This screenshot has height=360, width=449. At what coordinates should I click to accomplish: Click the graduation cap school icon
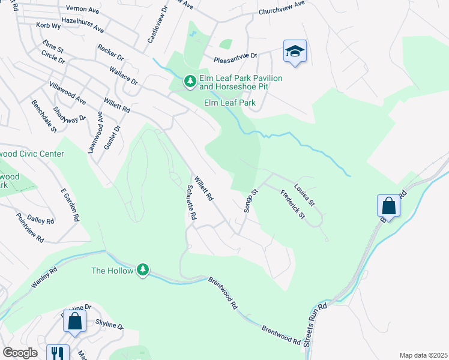pos(295,51)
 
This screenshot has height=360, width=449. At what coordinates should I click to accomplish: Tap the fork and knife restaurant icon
pos(58,353)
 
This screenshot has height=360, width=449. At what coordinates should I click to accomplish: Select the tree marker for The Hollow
pos(143,271)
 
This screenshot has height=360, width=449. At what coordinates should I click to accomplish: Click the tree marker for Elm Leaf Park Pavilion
pos(190,80)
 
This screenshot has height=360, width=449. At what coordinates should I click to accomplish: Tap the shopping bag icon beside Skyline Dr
pos(74,321)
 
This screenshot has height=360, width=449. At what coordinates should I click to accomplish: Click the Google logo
pos(20,353)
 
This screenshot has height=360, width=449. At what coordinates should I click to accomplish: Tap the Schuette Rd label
pos(191,202)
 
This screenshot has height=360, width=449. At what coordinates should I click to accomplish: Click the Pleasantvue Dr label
pos(236,56)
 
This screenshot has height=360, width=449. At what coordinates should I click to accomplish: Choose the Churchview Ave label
pos(282,8)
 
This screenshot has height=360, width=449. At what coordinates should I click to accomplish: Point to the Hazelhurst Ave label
pos(83,25)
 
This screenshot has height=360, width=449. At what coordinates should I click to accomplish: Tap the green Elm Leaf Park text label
pos(230,103)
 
